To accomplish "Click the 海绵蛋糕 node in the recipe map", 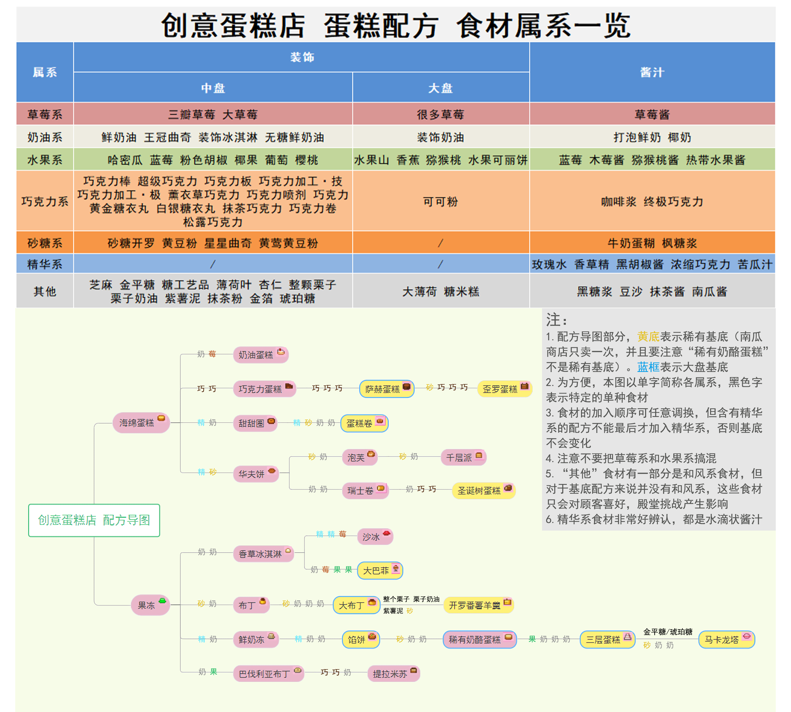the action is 141,422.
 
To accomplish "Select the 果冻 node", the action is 151,605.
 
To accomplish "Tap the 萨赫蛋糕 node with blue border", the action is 387,389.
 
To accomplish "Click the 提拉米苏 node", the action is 394,673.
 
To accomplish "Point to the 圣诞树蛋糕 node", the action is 484,490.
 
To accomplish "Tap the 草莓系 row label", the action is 45,114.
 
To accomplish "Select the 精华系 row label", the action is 45,264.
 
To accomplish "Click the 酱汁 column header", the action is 652,72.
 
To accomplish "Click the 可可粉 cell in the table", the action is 441,201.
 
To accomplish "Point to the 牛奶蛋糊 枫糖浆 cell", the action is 652,243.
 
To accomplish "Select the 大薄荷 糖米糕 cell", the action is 441,291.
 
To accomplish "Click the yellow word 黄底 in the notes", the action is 648,336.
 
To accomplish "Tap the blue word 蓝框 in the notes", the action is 648,367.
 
